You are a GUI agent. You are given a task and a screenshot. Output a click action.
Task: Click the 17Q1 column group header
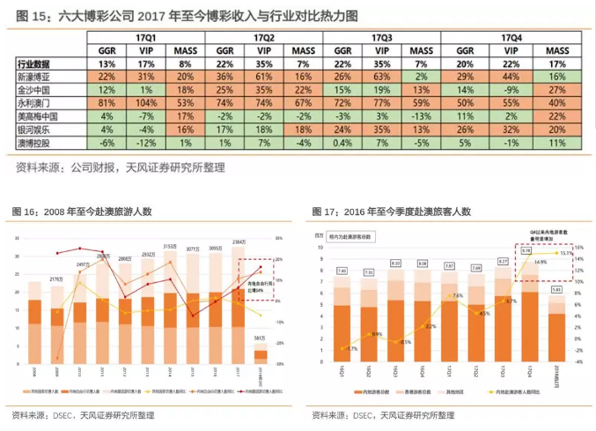(145, 39)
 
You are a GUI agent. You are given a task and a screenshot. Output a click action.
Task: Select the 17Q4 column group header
(511, 39)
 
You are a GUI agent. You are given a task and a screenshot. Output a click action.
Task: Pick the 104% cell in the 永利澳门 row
(145, 103)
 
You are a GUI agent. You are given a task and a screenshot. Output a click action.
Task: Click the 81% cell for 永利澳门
(107, 103)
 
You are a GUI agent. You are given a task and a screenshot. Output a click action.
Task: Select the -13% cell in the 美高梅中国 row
(420, 116)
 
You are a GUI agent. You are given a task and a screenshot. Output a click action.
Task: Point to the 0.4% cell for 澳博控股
(343, 142)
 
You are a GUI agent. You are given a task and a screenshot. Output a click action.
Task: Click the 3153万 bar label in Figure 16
(170, 247)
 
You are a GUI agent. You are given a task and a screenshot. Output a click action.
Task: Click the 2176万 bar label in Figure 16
(58, 279)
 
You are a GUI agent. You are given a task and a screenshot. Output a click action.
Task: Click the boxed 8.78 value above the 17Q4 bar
(526, 251)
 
